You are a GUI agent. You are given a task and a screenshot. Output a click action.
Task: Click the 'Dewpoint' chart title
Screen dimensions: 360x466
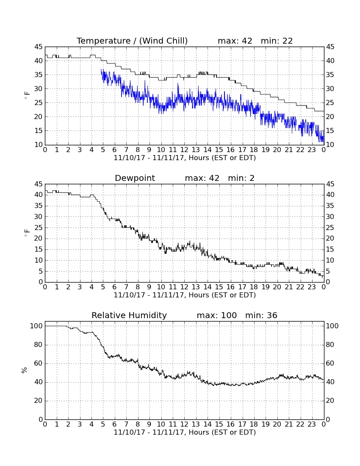click(x=135, y=178)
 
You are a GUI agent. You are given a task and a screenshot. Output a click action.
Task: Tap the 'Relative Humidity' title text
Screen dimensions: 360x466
click(x=129, y=315)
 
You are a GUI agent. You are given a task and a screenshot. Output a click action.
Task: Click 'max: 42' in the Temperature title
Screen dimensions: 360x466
click(x=235, y=41)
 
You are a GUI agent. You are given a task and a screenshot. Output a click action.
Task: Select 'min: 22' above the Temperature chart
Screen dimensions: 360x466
click(x=277, y=41)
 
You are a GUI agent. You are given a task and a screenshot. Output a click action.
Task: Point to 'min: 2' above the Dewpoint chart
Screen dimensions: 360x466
click(x=241, y=178)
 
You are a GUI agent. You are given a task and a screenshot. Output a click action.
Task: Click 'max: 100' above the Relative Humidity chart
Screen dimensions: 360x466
click(x=217, y=315)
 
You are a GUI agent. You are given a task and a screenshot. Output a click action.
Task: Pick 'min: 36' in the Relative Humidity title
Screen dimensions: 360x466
click(x=261, y=315)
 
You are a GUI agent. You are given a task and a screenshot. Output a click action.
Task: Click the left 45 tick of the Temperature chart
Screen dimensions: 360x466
click(x=39, y=47)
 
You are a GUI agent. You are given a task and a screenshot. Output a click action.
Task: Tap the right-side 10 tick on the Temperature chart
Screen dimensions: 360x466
click(x=330, y=145)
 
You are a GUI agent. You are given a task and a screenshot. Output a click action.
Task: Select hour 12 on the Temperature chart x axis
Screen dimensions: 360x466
click(x=184, y=150)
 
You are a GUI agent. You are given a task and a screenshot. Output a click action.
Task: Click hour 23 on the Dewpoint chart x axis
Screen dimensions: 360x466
click(x=312, y=287)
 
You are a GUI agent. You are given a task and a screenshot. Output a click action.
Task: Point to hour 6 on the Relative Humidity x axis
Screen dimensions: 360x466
click(x=115, y=424)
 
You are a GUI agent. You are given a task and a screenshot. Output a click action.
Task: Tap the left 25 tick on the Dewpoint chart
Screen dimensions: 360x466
click(x=39, y=227)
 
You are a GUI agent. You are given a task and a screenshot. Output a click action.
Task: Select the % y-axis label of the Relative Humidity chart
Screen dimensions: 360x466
click(x=25, y=370)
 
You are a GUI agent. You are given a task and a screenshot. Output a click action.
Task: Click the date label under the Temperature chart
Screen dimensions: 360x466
click(x=185, y=158)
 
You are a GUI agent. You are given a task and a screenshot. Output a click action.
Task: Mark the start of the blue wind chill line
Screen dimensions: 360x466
click(x=101, y=69)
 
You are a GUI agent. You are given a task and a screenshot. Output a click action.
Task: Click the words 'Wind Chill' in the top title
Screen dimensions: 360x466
click(x=163, y=41)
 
